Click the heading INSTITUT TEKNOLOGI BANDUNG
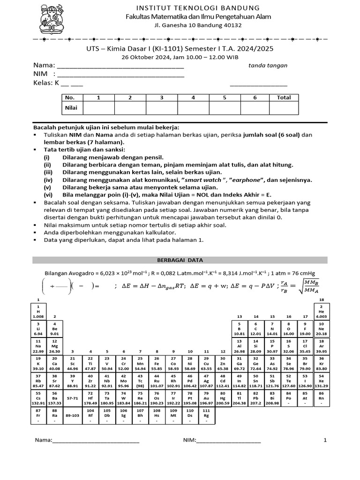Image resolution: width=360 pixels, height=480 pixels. [197, 8]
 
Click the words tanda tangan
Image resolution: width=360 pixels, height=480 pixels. [268, 66]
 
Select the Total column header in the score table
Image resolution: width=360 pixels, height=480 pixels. [284, 97]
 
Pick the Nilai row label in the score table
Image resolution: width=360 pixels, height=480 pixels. [70, 108]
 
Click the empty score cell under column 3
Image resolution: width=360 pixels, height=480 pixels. [161, 108]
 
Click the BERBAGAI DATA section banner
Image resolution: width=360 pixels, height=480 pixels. [180, 260]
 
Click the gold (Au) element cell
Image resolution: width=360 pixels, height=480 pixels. [206, 399]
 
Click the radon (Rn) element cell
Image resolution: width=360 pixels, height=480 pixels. [322, 399]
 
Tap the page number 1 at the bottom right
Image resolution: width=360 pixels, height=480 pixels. [325, 440]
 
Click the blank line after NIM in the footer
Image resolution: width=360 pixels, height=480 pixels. [228, 441]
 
